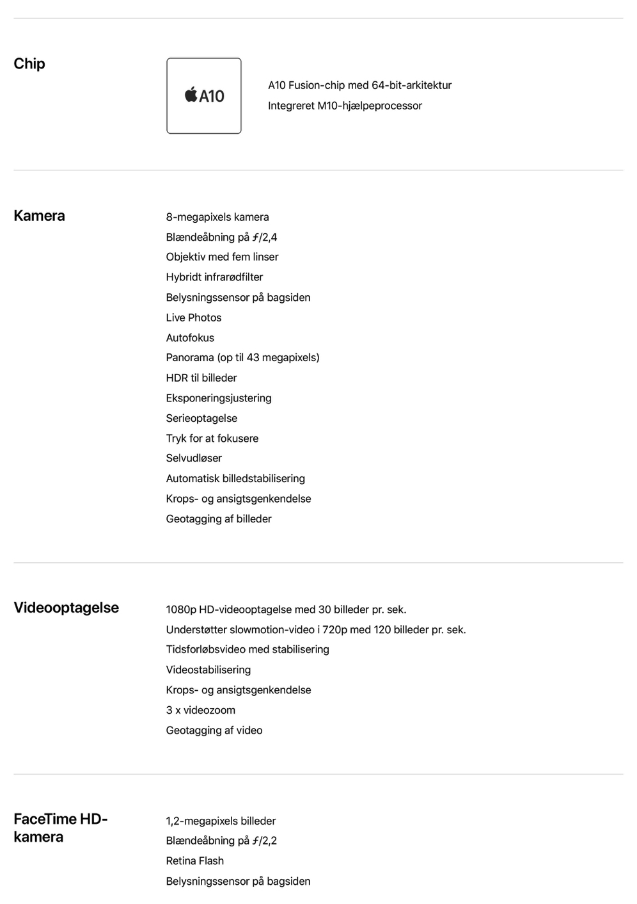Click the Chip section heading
click(29, 64)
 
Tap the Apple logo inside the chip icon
click(191, 95)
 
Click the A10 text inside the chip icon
click(212, 96)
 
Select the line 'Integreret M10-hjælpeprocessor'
click(345, 106)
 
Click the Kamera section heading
click(39, 216)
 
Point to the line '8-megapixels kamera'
click(217, 217)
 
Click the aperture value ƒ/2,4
click(265, 238)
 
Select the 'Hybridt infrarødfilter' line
click(214, 277)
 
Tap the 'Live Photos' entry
click(194, 318)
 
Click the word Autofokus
click(190, 338)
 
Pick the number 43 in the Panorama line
click(254, 358)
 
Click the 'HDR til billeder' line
click(201, 378)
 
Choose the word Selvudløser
click(194, 458)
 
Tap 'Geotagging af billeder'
click(219, 519)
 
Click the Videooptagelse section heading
click(67, 608)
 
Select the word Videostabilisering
click(208, 670)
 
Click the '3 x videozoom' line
click(201, 711)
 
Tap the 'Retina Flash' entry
click(195, 861)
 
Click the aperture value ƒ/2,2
click(265, 841)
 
